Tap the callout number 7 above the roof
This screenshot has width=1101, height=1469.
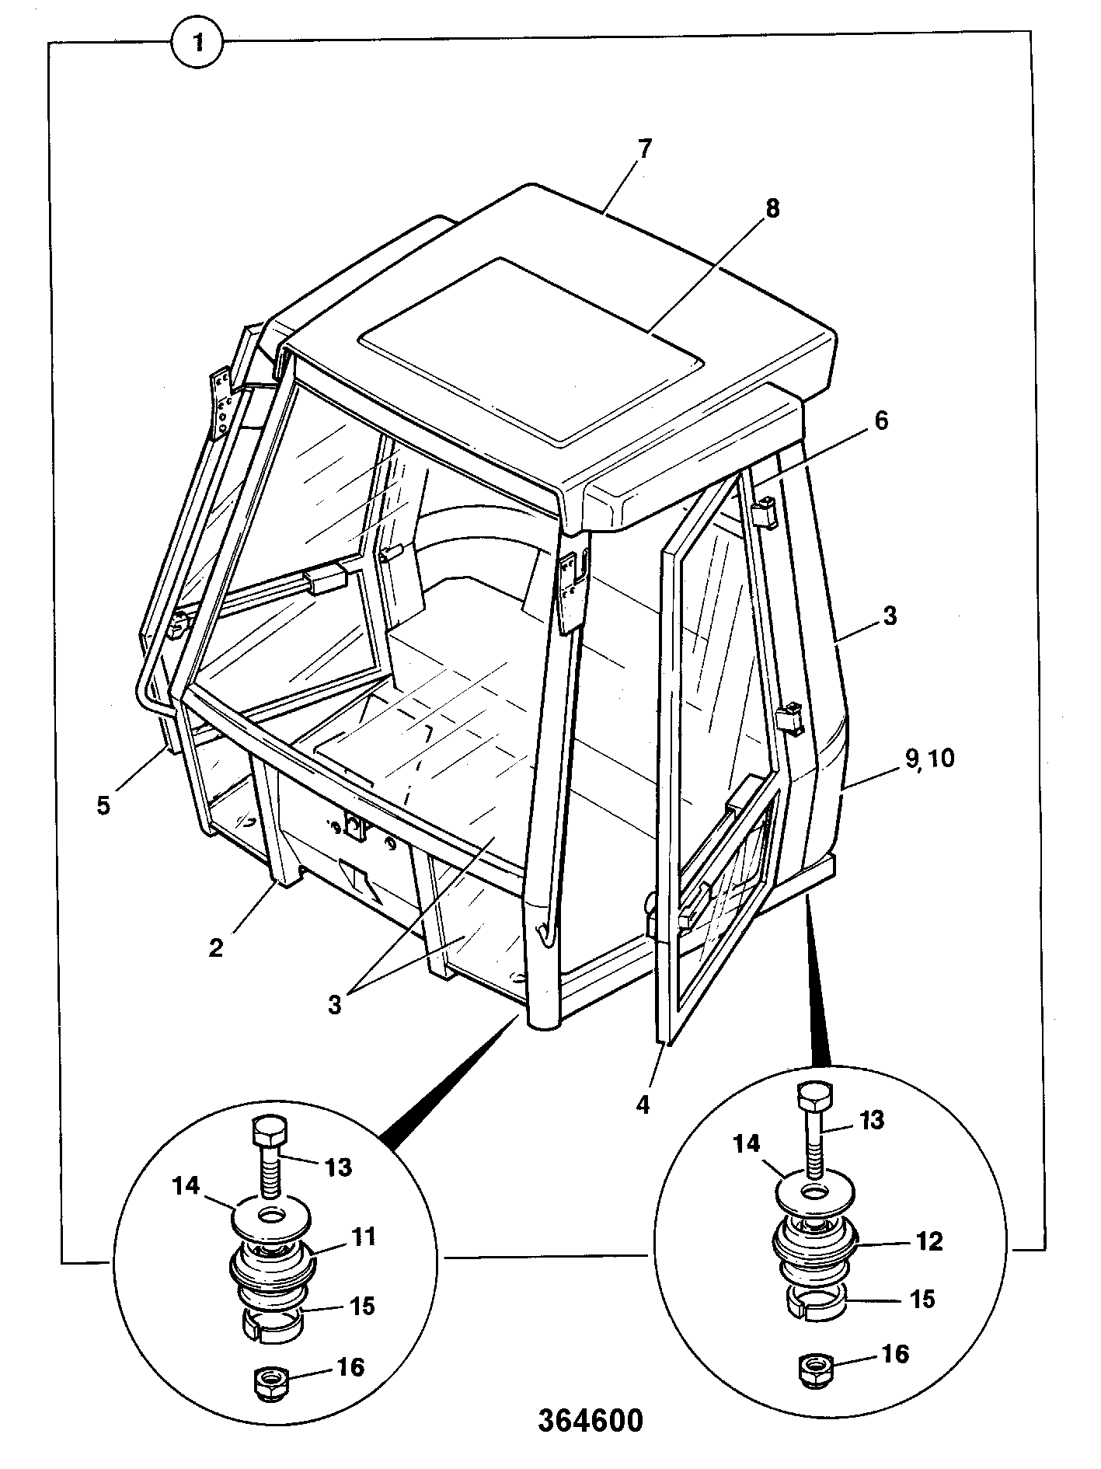(x=644, y=148)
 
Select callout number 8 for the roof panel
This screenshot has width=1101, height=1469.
(x=772, y=208)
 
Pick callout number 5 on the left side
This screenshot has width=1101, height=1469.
(x=103, y=804)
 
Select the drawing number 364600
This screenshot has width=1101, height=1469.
(x=591, y=1420)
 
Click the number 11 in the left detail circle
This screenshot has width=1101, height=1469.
(x=360, y=1237)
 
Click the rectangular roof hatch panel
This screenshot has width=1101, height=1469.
(x=532, y=351)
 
